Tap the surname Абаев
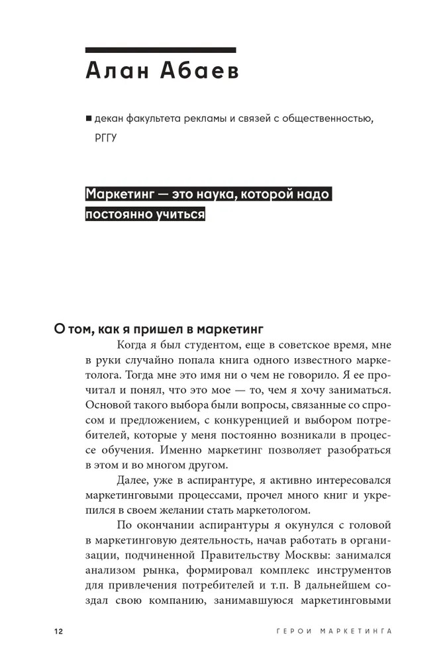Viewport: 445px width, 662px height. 197,72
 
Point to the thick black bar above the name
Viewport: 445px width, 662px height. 161,50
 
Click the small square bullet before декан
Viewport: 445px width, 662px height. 88,119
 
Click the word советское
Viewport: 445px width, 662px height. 302,345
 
